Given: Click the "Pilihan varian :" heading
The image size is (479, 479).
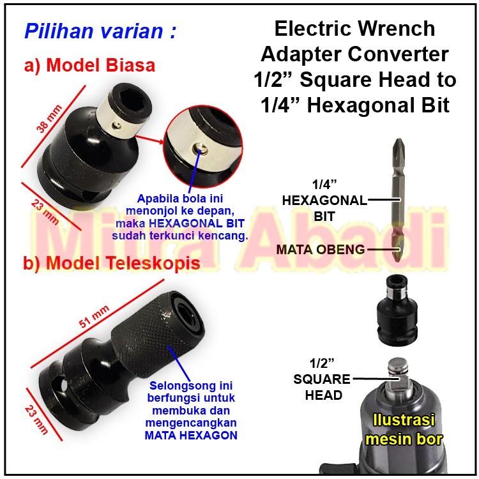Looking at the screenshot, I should (100, 31).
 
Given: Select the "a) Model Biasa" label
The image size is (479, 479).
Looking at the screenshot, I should (89, 65).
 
